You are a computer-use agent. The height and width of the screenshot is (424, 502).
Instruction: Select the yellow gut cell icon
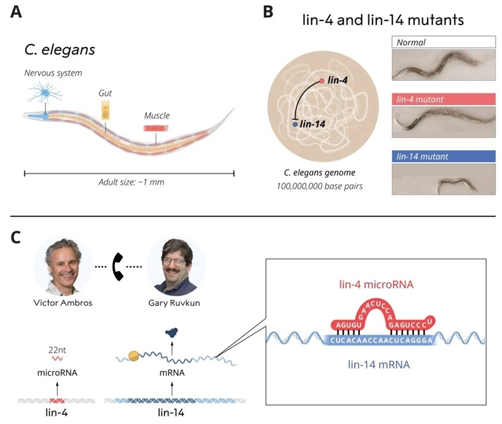104,109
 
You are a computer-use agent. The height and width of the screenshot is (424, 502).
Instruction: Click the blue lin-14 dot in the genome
295,123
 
